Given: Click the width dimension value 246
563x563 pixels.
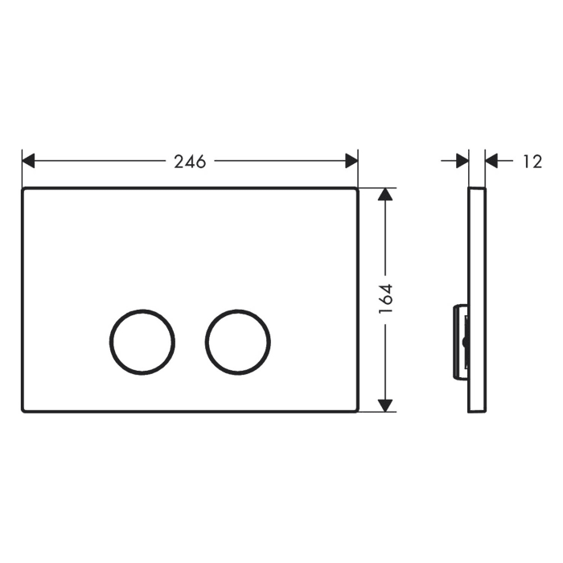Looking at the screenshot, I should click(x=191, y=161).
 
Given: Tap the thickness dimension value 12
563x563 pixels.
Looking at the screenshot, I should click(x=532, y=161).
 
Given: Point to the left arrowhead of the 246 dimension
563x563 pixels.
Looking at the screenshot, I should click(x=28, y=161).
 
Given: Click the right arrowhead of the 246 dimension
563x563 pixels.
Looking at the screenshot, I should click(x=351, y=161).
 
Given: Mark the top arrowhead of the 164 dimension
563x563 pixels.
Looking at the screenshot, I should click(x=387, y=195).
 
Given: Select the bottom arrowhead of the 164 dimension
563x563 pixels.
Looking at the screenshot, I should click(x=387, y=405).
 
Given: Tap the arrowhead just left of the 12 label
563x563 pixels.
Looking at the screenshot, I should click(x=492, y=161).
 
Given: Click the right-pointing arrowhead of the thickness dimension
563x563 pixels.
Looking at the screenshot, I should click(x=462, y=161).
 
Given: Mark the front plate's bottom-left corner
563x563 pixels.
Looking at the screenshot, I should click(x=23, y=410).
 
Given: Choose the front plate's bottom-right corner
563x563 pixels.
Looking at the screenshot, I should click(x=356, y=410).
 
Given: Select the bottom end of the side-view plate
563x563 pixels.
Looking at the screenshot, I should click(x=477, y=411).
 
